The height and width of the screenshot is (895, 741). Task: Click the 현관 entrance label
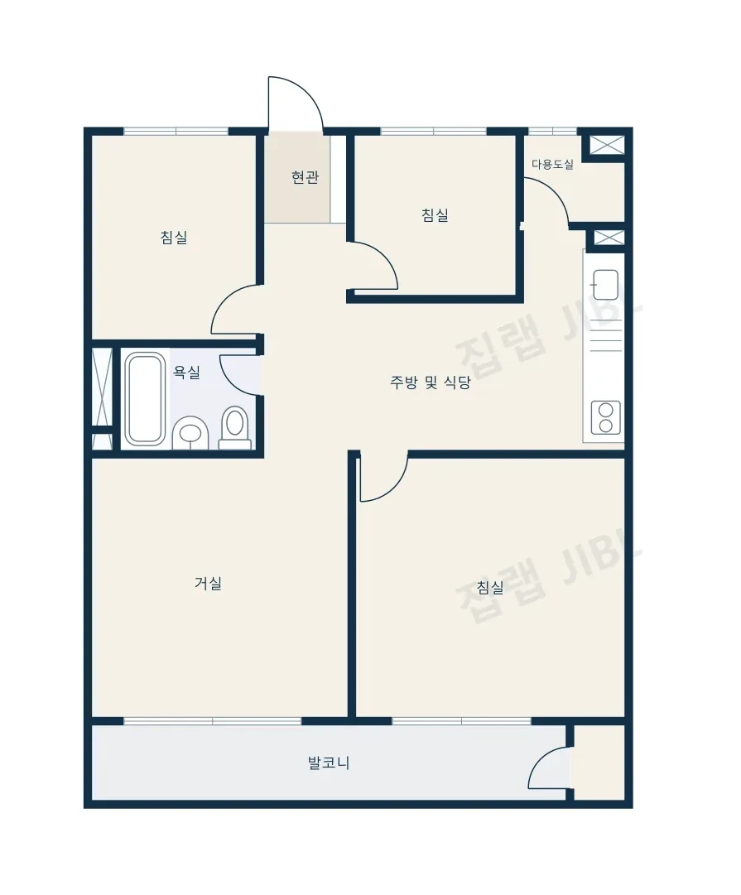[x=305, y=177]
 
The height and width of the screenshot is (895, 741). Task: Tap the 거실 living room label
[x=208, y=583]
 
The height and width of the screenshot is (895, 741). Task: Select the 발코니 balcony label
[x=328, y=763]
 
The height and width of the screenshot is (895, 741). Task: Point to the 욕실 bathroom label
[x=186, y=373]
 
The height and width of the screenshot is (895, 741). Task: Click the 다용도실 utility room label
[x=552, y=165]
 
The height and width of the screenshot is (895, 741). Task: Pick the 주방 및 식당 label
[x=430, y=382]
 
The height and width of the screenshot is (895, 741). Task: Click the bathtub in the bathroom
[x=145, y=399]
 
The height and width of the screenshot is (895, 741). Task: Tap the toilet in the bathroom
[x=235, y=428]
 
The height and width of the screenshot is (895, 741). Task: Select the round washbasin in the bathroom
[x=190, y=433]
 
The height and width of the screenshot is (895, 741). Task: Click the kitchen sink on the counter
[x=605, y=285]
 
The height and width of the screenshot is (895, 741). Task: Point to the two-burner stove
[x=606, y=418]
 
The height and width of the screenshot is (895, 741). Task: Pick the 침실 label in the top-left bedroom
[x=174, y=237]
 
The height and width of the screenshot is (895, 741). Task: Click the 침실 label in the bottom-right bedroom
[x=490, y=587]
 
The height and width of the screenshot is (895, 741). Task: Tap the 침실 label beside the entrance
[x=435, y=215]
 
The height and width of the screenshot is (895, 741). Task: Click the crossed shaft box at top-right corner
[x=607, y=145]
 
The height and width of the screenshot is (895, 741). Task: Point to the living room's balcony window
[x=213, y=721]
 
